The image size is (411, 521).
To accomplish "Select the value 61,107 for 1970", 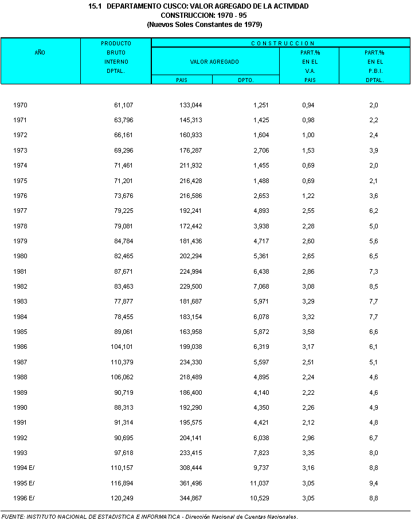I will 123,106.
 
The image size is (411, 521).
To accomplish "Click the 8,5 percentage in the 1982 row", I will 373,286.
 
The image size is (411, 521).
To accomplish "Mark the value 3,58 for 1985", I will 308,332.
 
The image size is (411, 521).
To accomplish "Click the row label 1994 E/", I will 25,468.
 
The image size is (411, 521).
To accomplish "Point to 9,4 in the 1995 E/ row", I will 373,483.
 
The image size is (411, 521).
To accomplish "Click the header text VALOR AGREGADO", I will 214,61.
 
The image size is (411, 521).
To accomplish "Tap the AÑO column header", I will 40,52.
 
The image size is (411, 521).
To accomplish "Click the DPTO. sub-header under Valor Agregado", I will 245,80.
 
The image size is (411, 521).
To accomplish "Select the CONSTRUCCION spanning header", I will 283,43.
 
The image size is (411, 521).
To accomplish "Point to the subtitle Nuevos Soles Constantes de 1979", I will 205,25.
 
